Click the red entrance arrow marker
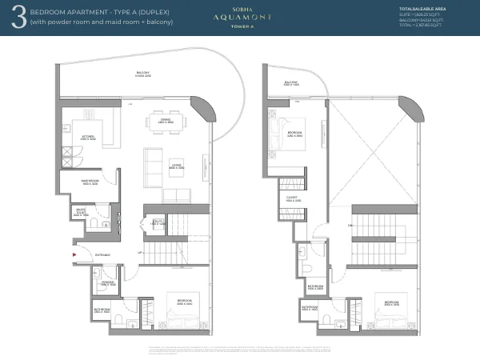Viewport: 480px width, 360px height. click(74, 254)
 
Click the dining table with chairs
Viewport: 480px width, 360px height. click(166, 122)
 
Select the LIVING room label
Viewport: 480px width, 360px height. click(176, 166)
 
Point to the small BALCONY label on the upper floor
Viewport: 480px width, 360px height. click(290, 82)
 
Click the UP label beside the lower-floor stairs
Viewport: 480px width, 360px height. click(141, 253)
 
